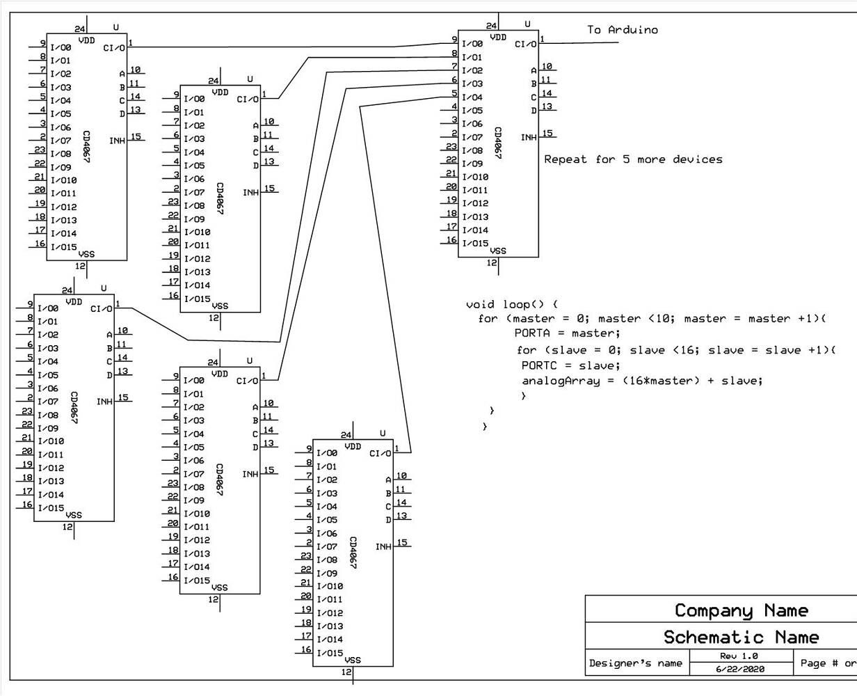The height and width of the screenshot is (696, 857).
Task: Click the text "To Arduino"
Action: tap(622, 30)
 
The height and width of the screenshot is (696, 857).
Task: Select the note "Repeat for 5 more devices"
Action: tap(632, 159)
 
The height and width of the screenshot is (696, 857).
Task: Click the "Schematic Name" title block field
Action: tap(741, 637)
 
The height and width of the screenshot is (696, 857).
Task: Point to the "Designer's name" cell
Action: tap(635, 663)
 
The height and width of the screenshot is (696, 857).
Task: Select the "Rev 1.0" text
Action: tap(739, 656)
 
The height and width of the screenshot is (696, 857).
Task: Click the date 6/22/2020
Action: tap(740, 669)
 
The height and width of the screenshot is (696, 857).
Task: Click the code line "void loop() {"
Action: tap(511, 304)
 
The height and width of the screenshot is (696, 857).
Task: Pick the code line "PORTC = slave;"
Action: tap(570, 365)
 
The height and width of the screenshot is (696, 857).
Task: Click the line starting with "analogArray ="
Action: tap(641, 381)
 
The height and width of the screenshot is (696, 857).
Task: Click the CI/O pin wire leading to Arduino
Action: tap(581, 42)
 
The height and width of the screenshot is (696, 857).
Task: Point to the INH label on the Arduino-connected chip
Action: tap(529, 137)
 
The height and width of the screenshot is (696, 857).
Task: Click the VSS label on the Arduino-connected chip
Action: tap(498, 251)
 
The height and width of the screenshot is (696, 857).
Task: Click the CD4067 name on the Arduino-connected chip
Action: tap(497, 142)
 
